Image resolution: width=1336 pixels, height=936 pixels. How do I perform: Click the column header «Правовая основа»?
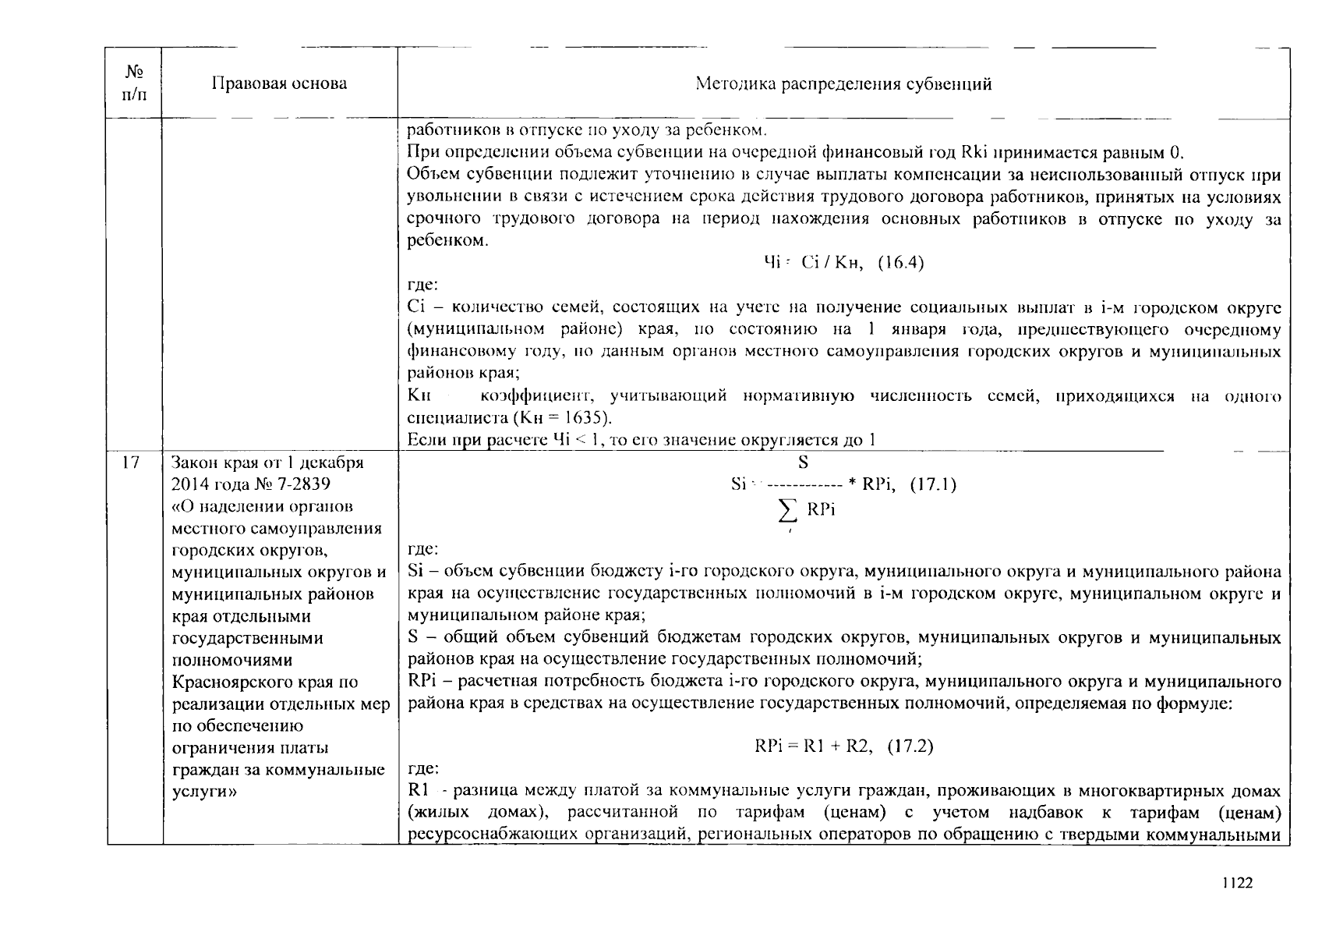click(x=279, y=83)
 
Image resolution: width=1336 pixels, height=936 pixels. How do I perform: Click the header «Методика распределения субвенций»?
click(x=843, y=83)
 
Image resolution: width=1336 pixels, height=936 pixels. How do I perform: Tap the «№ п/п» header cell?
click(x=134, y=83)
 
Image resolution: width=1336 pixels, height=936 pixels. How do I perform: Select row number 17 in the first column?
click(x=131, y=463)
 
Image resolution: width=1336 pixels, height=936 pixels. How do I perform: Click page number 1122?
click(x=1237, y=882)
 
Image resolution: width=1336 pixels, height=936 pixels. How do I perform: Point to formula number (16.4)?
click(x=901, y=263)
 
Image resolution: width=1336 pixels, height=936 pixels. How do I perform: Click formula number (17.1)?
click(x=933, y=484)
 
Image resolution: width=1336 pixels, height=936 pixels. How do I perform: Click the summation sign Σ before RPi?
click(x=788, y=511)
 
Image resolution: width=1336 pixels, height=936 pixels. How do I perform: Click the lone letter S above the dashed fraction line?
click(x=803, y=463)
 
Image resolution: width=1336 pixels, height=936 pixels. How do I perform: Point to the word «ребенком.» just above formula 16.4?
click(x=448, y=240)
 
